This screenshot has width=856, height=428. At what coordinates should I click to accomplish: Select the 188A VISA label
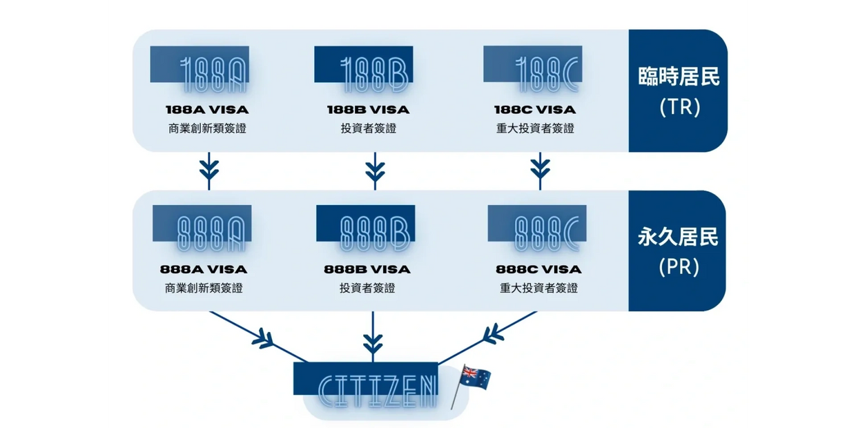[x=206, y=110]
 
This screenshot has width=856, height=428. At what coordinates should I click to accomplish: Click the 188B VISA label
[x=368, y=110]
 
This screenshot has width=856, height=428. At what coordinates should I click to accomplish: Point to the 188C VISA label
[x=534, y=110]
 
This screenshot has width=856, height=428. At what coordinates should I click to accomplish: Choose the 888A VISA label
[x=204, y=269]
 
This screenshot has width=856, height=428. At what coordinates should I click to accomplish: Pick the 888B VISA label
[x=367, y=269]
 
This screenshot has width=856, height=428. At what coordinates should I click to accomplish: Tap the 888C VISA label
[x=538, y=269]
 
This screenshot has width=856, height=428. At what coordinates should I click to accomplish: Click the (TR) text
[x=679, y=107]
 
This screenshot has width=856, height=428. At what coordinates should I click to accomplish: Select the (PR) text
[x=679, y=267]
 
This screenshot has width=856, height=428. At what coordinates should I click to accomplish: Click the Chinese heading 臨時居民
[x=679, y=76]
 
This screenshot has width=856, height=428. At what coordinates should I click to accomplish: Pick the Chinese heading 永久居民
[x=678, y=237]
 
